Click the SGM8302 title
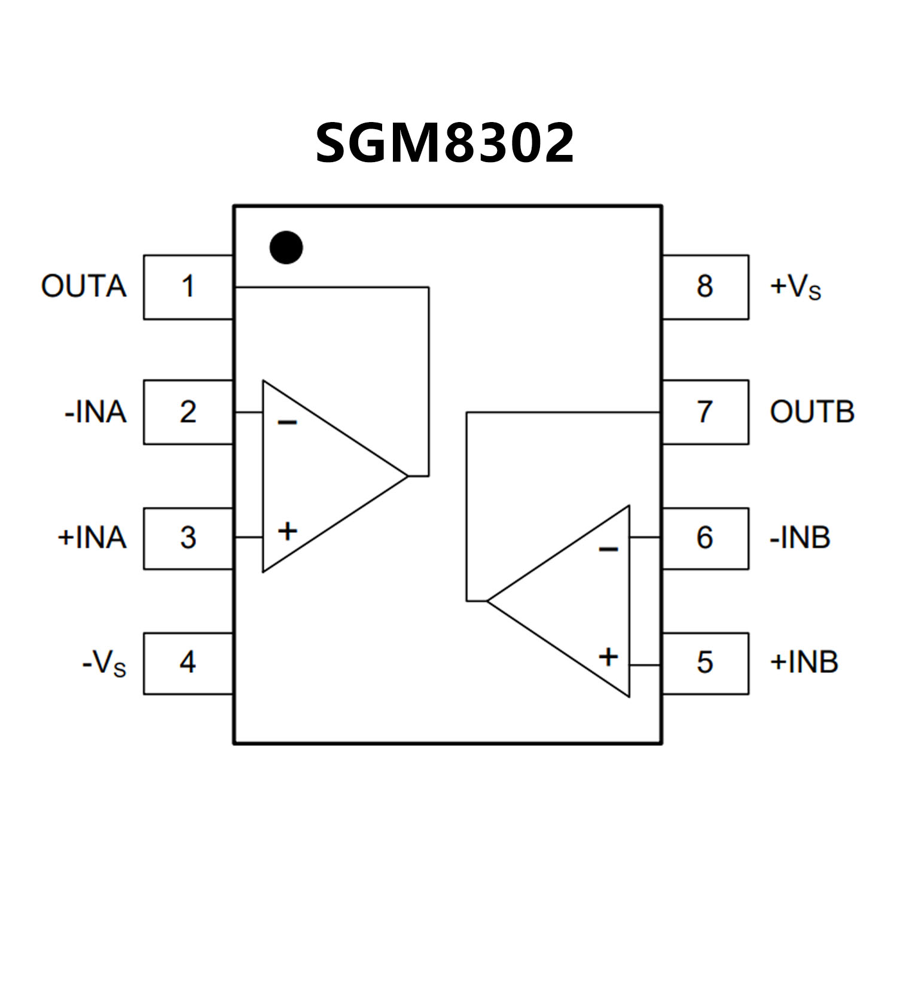point(444,143)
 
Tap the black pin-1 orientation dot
point(286,247)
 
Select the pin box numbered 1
point(188,287)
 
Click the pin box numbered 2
point(188,412)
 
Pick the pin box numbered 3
point(188,538)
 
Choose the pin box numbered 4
point(188,663)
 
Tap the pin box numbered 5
point(705,663)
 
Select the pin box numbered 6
point(705,538)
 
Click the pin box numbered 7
point(705,412)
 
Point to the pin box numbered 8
point(705,287)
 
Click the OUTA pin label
point(84,287)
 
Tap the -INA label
point(96,412)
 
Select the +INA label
point(92,538)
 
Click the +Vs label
point(795,287)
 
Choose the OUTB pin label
point(812,412)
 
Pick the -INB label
point(800,538)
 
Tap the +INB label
point(804,663)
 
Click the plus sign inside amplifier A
point(288,531)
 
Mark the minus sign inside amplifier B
point(608,549)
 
